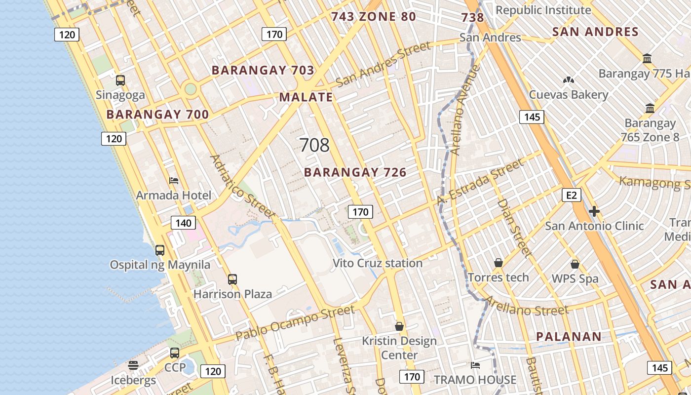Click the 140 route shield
click(183, 223)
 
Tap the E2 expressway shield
click(571, 195)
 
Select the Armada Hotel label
click(173, 195)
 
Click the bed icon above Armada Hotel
click(173, 180)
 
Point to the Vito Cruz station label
click(378, 263)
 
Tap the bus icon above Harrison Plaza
click(232, 279)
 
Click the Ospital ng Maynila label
click(160, 265)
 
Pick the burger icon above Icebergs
click(133, 365)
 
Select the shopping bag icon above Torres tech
click(499, 262)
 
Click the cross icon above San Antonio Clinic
click(594, 211)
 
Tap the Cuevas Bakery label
click(568, 94)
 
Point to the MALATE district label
click(306, 97)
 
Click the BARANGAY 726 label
click(355, 172)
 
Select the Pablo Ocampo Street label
click(295, 323)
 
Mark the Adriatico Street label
click(242, 187)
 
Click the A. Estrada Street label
click(480, 182)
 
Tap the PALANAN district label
click(569, 337)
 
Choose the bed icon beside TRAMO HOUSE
click(475, 365)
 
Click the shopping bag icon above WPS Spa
click(575, 264)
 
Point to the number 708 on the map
click(314, 145)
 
